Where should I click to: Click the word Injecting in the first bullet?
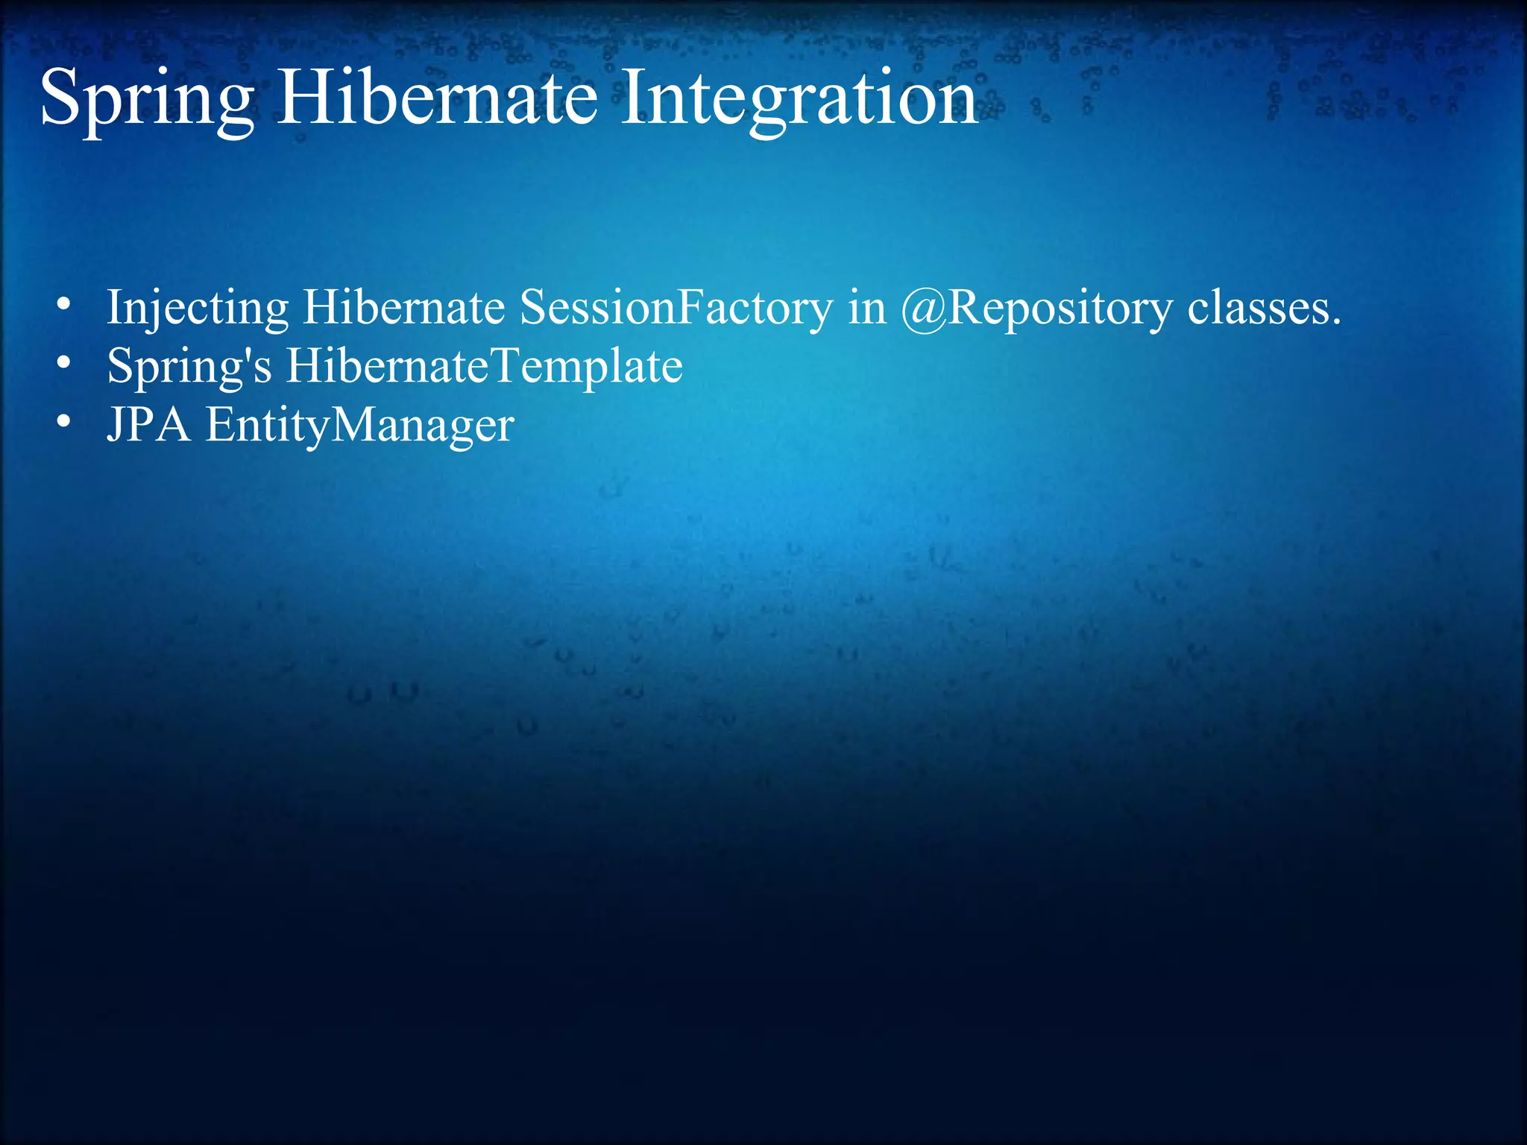tap(198, 309)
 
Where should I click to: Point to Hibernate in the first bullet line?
tap(403, 307)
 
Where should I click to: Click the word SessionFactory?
tap(676, 307)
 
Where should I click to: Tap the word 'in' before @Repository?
tap(866, 307)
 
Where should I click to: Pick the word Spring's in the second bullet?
tap(189, 367)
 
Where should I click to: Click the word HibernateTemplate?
tap(485, 367)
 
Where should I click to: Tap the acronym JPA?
tap(148, 425)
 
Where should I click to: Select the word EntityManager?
tap(359, 426)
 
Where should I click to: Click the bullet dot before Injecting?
tap(64, 305)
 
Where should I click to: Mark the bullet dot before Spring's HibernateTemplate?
tap(64, 363)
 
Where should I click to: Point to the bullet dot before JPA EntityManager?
tap(64, 422)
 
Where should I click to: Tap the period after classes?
tap(1335, 322)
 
